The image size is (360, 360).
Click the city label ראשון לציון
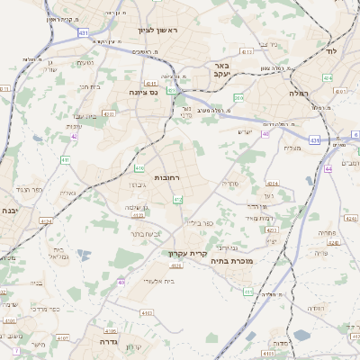158,31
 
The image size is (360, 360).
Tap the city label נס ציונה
141,91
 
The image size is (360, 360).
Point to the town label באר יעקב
224,71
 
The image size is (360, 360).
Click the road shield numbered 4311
148,83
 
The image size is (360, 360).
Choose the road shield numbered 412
177,199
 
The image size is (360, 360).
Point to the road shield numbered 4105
111,330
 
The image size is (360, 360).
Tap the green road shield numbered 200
238,97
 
